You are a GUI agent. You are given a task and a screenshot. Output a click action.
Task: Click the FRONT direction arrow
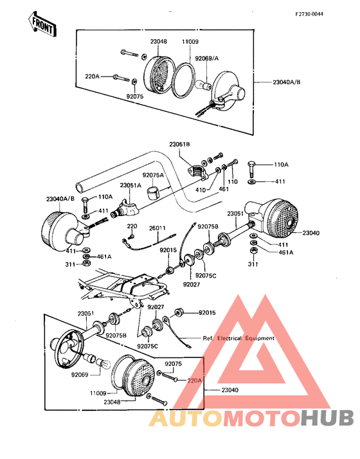tap(42, 26)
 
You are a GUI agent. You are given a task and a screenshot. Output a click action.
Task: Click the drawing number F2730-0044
tap(309, 14)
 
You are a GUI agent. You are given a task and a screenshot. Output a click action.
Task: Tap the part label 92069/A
tap(207, 59)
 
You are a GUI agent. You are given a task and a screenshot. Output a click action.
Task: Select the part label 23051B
tap(179, 144)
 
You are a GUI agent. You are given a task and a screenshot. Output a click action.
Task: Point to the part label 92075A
tap(153, 175)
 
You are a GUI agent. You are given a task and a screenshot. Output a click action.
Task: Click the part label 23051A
tap(130, 185)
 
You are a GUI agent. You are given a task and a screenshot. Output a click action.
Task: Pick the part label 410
tap(201, 190)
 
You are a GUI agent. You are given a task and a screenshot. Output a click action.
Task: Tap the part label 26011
tap(157, 228)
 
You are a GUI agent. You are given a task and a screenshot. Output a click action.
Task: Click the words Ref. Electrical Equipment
tap(239, 338)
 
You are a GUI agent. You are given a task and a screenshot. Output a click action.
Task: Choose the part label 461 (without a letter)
tap(224, 189)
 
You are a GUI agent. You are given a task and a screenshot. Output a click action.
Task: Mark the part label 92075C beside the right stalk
tap(206, 275)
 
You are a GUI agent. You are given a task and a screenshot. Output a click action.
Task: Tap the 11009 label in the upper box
tap(190, 42)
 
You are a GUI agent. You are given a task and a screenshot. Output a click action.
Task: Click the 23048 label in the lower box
tap(112, 402)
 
